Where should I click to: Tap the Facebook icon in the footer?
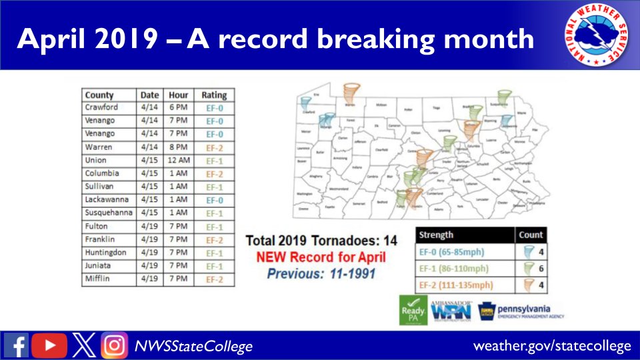coord(16,345)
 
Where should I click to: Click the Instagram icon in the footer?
coord(114,345)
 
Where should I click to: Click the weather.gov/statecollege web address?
coord(552,346)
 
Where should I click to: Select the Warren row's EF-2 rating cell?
coord(213,147)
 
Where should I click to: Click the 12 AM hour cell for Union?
coord(179,160)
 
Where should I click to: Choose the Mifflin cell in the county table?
coord(97,278)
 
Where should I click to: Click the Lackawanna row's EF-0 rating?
coord(213,199)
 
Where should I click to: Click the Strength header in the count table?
coord(437,235)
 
